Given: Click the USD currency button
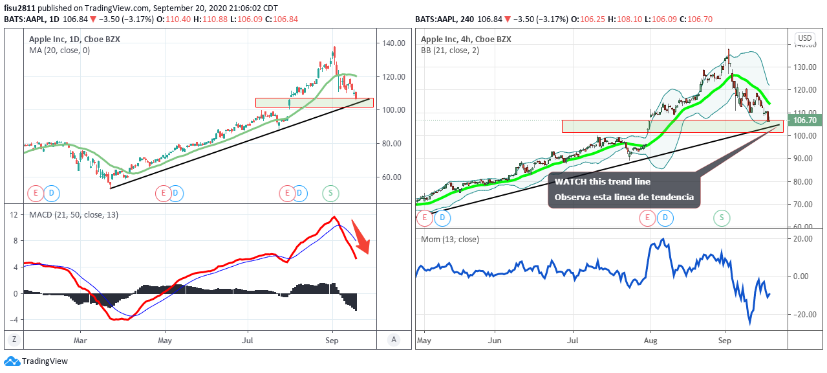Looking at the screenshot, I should coord(805,38).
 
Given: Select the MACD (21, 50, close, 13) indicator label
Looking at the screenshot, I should coord(74,214).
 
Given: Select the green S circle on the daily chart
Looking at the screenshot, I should coord(331,192).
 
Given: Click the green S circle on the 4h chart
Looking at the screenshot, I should coord(722,218).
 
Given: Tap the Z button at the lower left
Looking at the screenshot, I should coord(14,339).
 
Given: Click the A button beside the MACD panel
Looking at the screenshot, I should coord(392,339).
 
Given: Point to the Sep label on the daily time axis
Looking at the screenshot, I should coord(332,340).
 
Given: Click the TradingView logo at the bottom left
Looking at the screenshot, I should coord(36,361).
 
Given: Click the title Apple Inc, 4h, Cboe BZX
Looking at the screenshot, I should coord(466,39).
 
